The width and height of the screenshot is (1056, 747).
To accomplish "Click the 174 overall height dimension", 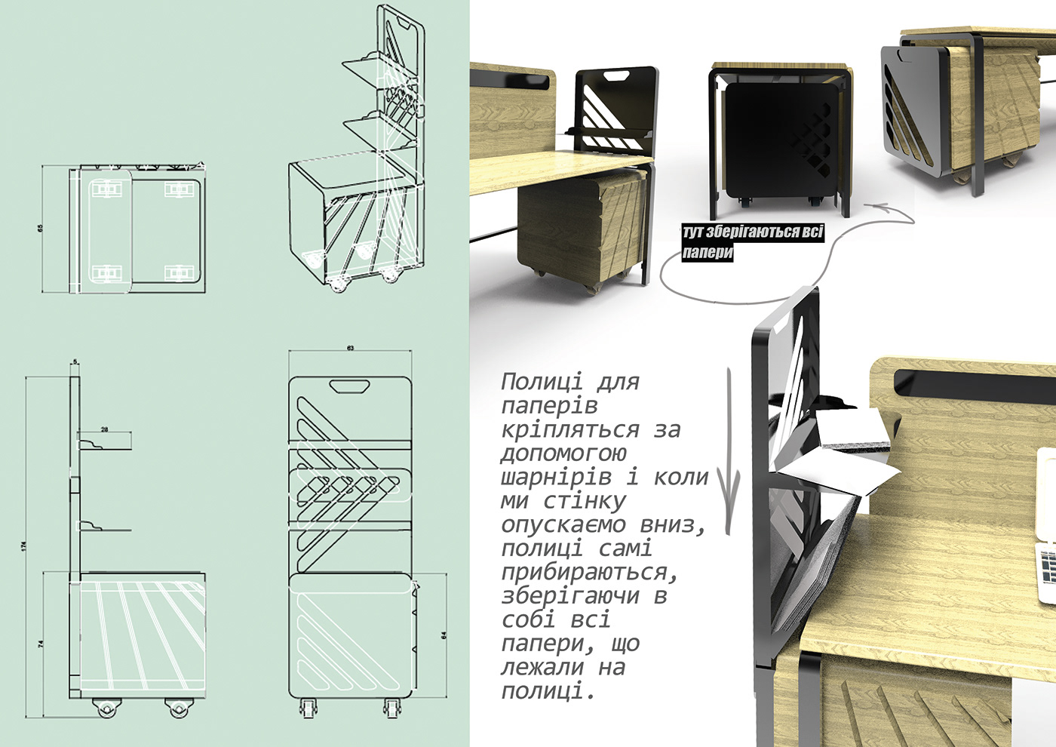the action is coord(24,545).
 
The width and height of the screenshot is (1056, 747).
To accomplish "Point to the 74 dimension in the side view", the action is coord(41,644).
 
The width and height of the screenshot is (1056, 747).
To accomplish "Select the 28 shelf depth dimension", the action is coord(104,429).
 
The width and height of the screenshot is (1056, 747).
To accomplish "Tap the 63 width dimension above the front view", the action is coord(350,348).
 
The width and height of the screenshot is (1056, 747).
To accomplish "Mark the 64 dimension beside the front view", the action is coord(444,635).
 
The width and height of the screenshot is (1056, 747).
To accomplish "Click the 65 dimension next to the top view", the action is coord(41,228).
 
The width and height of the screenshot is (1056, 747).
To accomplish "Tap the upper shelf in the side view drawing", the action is coord(106,445).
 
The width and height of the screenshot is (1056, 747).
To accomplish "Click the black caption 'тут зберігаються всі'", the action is coord(752,232).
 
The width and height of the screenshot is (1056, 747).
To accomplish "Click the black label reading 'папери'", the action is coord(708,252).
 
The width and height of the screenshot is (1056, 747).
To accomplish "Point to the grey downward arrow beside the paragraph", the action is coord(729,453).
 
